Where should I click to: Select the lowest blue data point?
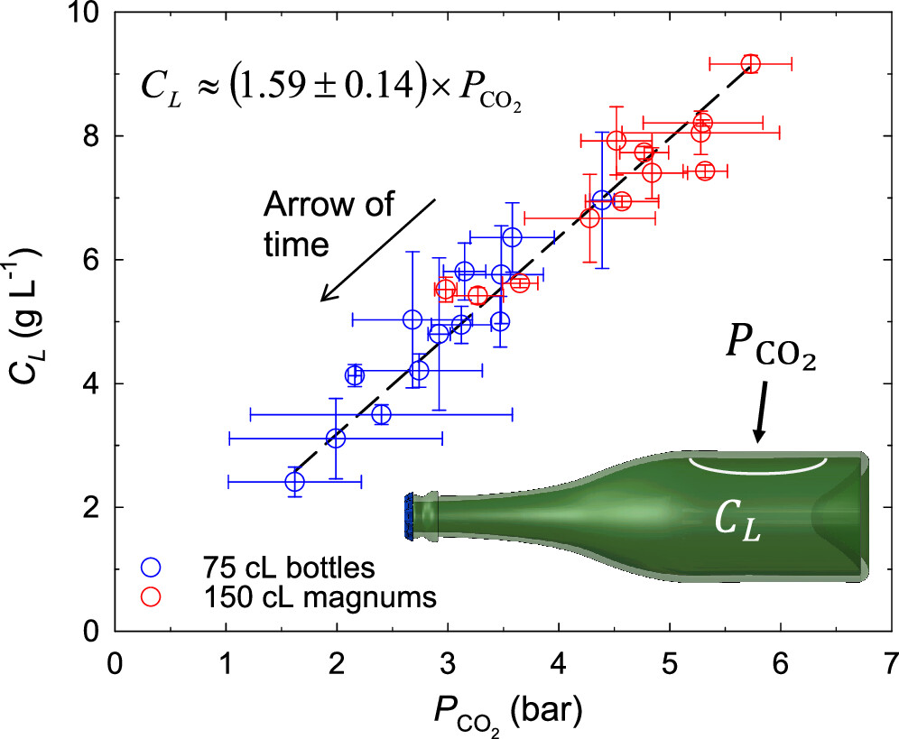click(294, 482)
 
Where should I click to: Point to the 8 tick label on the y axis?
click(89, 136)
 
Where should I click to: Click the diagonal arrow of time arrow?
click(377, 250)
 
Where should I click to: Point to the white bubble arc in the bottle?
click(758, 466)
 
